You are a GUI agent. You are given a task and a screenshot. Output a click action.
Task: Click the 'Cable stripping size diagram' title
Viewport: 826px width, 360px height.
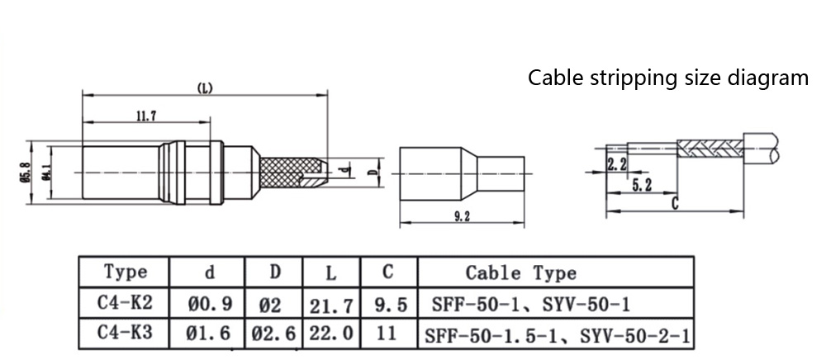[x=668, y=78]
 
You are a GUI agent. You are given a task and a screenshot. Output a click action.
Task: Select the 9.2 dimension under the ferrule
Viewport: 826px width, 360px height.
[x=462, y=216]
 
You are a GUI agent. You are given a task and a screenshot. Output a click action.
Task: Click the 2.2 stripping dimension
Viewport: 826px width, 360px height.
[x=616, y=165]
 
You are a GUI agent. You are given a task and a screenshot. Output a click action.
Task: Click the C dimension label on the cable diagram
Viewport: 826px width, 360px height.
[x=675, y=203]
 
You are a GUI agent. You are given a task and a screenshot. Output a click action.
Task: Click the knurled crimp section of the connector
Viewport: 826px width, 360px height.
[x=286, y=173]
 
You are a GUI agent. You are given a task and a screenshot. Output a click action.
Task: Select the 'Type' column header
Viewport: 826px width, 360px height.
[x=126, y=272]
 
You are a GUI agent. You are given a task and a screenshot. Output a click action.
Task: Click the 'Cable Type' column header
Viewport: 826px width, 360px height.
[x=521, y=272]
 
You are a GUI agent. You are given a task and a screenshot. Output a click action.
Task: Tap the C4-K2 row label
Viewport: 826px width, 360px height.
[x=125, y=305]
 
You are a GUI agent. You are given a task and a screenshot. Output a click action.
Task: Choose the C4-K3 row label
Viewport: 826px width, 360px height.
[x=125, y=334]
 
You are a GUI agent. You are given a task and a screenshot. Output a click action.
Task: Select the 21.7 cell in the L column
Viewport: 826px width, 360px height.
[x=331, y=306]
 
